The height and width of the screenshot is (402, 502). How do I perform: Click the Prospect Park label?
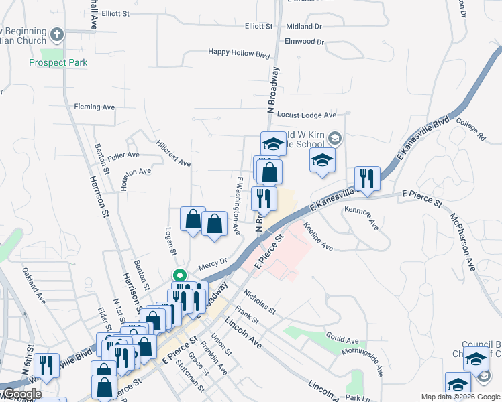click(58, 63)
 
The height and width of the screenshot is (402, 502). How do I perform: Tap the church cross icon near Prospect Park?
click(58, 33)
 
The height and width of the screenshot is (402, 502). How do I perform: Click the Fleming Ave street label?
click(95, 107)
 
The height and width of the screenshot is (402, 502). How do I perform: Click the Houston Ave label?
click(136, 172)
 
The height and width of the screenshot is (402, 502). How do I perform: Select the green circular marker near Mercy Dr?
click(179, 275)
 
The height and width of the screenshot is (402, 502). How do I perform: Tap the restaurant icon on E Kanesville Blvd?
click(367, 178)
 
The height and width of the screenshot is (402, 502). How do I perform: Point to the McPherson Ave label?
click(462, 242)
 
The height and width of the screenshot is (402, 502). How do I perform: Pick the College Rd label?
click(470, 130)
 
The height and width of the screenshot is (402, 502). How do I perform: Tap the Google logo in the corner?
click(21, 394)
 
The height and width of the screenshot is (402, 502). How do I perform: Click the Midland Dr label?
click(303, 27)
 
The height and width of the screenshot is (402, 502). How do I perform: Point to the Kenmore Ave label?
click(362, 218)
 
